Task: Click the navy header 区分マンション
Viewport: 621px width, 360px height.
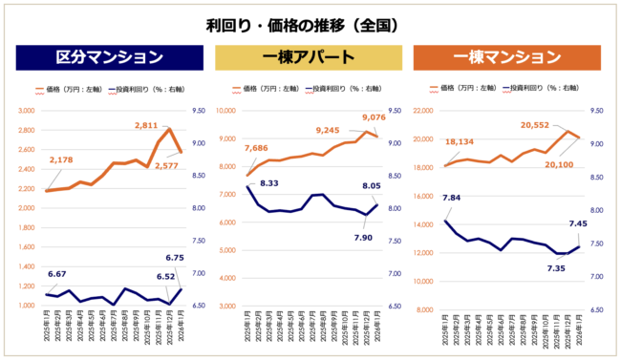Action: click(x=109, y=56)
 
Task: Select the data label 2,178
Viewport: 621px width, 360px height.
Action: click(x=60, y=159)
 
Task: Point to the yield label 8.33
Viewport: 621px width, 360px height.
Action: click(x=268, y=182)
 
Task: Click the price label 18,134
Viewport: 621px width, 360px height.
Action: click(x=461, y=142)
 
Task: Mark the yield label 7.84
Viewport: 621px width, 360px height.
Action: click(x=452, y=198)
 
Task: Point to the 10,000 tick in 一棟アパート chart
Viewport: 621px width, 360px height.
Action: click(x=226, y=111)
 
